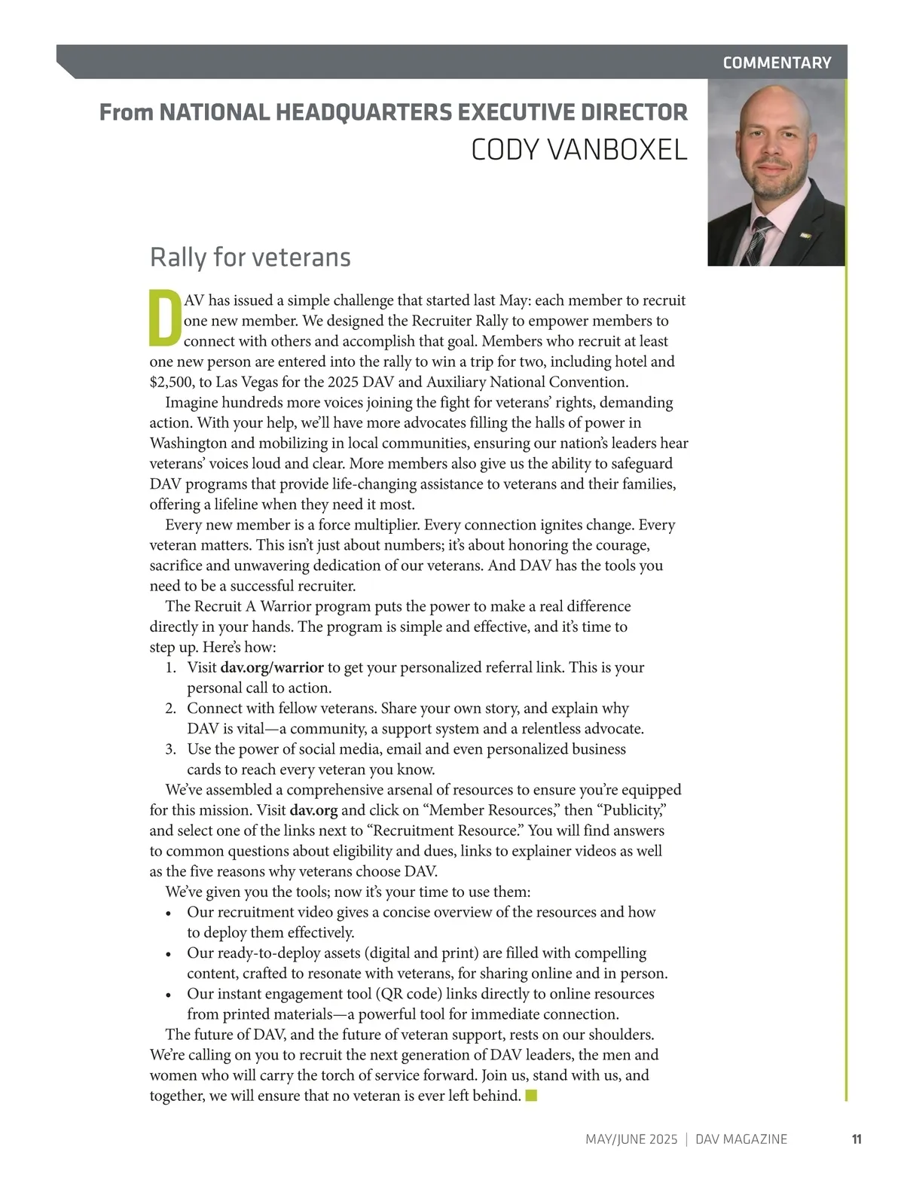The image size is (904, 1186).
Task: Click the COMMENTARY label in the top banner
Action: coord(777,63)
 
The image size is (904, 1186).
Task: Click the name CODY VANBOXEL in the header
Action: coord(579,150)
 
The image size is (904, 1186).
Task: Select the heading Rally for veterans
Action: coord(250,258)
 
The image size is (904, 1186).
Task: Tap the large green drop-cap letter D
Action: coord(165,317)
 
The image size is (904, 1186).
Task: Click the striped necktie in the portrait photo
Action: coord(757,241)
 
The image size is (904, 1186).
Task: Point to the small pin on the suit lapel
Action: coord(805,236)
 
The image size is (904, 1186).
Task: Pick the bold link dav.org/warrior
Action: coord(272,667)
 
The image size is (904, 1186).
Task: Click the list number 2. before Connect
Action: coord(171,709)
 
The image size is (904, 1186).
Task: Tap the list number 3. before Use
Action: coord(171,749)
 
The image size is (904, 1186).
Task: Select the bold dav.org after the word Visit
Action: coord(313,810)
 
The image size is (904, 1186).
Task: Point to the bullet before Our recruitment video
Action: coord(169,913)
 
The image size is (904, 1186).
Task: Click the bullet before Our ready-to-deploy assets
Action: coord(169,954)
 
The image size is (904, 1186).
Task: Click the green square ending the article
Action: coord(531,1095)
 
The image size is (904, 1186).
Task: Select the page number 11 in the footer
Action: coord(857,1139)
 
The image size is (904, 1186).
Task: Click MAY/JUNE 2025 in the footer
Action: coord(631,1139)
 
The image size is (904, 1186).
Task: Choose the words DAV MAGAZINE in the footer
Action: coord(741,1139)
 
